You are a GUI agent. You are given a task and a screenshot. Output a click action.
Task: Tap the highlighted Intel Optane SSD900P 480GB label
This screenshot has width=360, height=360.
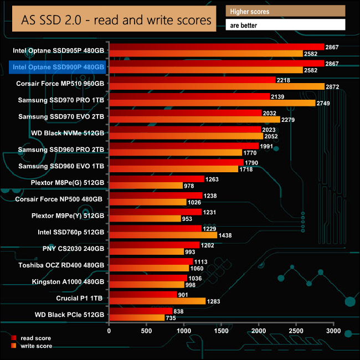58,67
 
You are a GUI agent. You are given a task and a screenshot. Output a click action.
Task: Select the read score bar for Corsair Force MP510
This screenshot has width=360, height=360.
192,80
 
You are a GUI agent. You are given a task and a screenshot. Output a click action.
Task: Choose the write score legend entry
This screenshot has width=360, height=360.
35,346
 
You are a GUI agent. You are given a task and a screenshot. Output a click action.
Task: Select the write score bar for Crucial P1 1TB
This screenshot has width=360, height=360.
157,301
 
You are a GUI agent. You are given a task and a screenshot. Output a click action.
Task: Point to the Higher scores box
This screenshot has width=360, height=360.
286,11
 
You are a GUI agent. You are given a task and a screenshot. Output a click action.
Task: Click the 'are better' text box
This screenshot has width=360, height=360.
286,25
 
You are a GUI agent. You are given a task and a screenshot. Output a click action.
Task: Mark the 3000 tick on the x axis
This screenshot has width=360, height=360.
333,331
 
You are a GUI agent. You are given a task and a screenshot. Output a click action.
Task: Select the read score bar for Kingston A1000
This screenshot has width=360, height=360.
148,277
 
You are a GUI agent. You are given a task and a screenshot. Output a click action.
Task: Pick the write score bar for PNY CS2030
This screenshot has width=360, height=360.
146,252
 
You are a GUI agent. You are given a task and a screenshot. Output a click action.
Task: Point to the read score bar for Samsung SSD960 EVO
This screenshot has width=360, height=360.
176,162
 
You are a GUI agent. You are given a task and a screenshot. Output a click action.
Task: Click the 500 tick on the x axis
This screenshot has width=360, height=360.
147,331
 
